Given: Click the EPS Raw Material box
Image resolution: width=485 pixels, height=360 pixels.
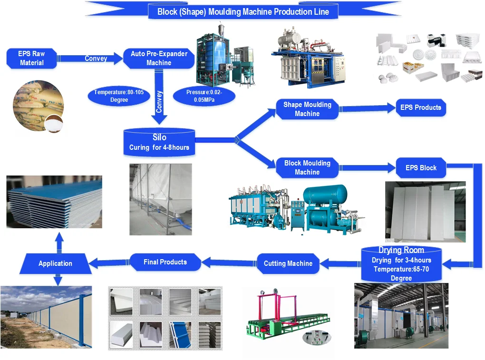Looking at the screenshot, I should pyautogui.click(x=32, y=58).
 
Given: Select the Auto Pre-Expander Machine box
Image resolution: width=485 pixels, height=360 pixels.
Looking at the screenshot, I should pyautogui.click(x=158, y=58).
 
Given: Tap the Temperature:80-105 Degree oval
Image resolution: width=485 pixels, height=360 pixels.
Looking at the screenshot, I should pyautogui.click(x=118, y=96).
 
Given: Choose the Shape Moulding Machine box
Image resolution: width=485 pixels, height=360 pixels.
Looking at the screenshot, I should pyautogui.click(x=307, y=109).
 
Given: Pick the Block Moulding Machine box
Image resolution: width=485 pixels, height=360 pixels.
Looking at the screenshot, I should pyautogui.click(x=307, y=167).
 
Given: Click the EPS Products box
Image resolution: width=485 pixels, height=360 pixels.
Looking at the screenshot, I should pyautogui.click(x=420, y=107).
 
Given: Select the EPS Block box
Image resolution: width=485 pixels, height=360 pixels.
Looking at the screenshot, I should pyautogui.click(x=421, y=167).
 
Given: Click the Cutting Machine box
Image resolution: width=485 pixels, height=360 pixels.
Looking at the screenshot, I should pyautogui.click(x=288, y=263).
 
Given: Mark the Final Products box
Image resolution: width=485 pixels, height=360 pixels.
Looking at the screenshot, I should pyautogui.click(x=165, y=262).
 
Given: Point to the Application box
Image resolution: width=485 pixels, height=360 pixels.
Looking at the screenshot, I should pyautogui.click(x=55, y=263).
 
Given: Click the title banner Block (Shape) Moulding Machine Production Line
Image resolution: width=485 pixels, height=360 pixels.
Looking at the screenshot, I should pyautogui.click(x=243, y=11).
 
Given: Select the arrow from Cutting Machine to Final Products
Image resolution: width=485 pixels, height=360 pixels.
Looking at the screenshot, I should pyautogui.click(x=230, y=262).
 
